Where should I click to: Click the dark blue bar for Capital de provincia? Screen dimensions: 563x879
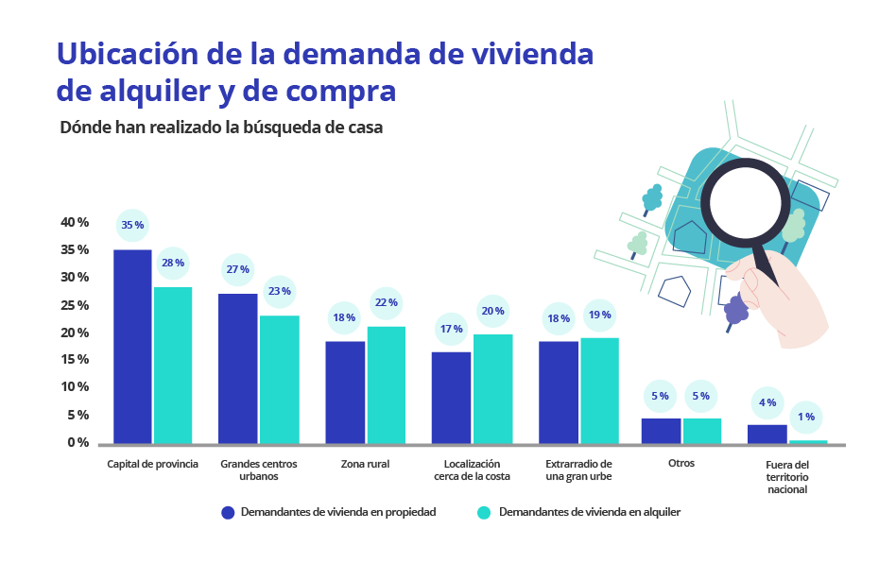(132, 346)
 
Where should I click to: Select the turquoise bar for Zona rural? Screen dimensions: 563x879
(387, 384)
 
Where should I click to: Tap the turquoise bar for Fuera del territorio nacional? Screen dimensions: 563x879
(808, 441)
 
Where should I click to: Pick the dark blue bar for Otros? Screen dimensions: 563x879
(661, 431)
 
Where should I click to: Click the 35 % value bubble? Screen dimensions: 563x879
(132, 226)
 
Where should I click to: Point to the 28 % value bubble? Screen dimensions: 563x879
(173, 264)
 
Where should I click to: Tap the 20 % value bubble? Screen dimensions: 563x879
(492, 311)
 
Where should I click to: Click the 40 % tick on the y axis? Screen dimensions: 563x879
(75, 223)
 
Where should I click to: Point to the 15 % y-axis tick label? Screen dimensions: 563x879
(75, 360)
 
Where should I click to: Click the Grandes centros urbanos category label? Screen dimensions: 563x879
(259, 470)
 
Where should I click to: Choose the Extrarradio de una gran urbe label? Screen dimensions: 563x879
(579, 470)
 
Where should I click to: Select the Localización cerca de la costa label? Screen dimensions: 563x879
(472, 470)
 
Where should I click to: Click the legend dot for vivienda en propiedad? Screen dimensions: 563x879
(227, 513)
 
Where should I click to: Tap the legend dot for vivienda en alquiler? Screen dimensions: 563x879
(484, 513)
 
